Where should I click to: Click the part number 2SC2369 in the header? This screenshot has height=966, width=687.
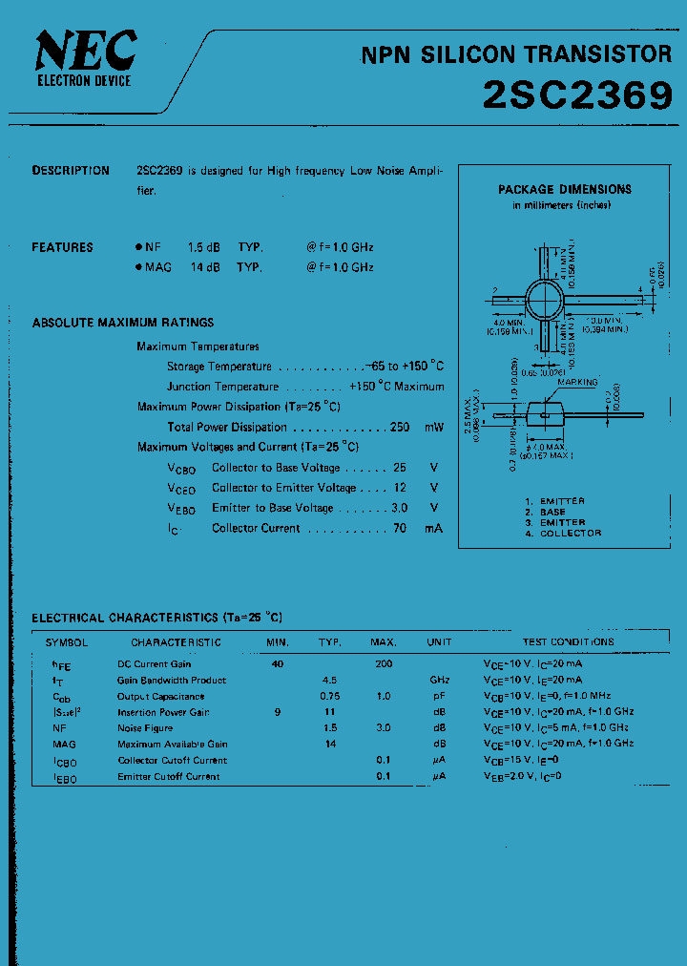pyautogui.click(x=577, y=94)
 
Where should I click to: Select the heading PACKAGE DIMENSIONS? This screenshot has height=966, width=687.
pyautogui.click(x=565, y=189)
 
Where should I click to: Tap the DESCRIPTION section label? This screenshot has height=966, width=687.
pyautogui.click(x=71, y=171)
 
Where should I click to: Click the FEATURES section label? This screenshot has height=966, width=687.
pyautogui.click(x=63, y=247)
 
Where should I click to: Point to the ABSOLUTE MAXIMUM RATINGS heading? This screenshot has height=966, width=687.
pyautogui.click(x=123, y=323)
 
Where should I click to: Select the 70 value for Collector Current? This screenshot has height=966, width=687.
pyautogui.click(x=400, y=528)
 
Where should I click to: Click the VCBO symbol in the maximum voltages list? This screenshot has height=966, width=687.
pyautogui.click(x=181, y=469)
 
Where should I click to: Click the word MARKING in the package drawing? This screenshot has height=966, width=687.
pyautogui.click(x=577, y=382)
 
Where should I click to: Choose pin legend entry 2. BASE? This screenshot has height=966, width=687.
pyautogui.click(x=545, y=512)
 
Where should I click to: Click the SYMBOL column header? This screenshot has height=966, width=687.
pyautogui.click(x=67, y=642)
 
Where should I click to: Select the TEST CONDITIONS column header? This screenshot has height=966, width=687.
pyautogui.click(x=569, y=642)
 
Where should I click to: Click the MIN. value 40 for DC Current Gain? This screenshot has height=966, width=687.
pyautogui.click(x=278, y=663)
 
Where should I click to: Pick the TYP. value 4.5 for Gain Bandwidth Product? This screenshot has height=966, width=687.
pyautogui.click(x=330, y=681)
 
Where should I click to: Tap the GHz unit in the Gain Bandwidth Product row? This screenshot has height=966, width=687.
pyautogui.click(x=439, y=681)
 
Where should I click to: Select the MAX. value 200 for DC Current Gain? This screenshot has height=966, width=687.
pyautogui.click(x=384, y=663)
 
